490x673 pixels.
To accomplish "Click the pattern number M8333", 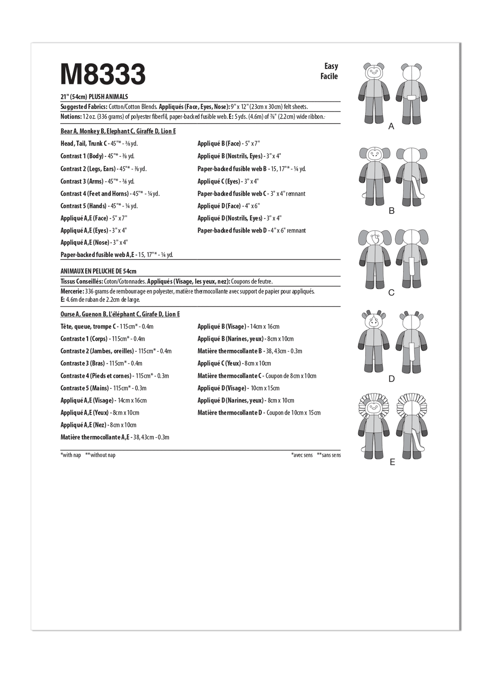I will tap(103, 74).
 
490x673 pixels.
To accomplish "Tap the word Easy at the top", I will tap(331, 66).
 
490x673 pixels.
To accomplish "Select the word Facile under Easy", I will tap(329, 76).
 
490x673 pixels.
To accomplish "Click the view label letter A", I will tap(392, 126).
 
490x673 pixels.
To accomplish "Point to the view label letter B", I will tap(392, 211).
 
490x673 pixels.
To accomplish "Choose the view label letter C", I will tap(392, 293).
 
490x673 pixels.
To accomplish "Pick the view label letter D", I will tap(392, 379).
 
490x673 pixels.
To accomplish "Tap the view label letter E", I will tap(392, 462).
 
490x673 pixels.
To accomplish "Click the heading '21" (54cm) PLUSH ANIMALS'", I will tap(94, 97).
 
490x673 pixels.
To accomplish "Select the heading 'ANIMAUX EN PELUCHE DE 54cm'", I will tap(98, 271).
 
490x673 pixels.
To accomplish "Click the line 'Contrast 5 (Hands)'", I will tap(99, 206).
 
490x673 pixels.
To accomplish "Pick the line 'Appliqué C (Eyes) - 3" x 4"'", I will tap(228, 181).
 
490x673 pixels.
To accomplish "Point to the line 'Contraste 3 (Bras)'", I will tap(101, 363).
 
